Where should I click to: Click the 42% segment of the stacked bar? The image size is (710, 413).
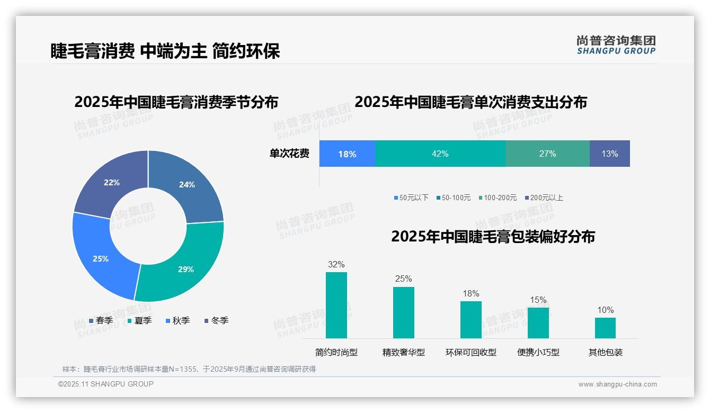pos(440,154)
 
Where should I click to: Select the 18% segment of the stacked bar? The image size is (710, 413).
pos(347,154)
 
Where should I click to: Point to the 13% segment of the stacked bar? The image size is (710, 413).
pos(609,154)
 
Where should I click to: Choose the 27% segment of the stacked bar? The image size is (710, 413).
pos(547,154)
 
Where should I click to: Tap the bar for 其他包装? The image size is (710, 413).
pos(605,328)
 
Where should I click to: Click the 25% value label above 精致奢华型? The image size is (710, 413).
pos(403,279)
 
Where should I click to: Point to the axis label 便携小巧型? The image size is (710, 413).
pos(538,352)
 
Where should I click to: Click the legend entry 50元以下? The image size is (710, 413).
pos(411,197)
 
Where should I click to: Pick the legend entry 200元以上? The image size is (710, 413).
pos(544,197)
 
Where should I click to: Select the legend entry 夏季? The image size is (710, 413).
pos(139,320)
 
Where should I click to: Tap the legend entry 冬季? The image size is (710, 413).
pos(216,320)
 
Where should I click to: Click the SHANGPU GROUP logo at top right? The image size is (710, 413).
pos(616,45)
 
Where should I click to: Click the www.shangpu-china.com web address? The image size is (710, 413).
pos(617,384)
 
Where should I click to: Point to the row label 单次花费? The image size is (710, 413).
pos(289,154)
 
